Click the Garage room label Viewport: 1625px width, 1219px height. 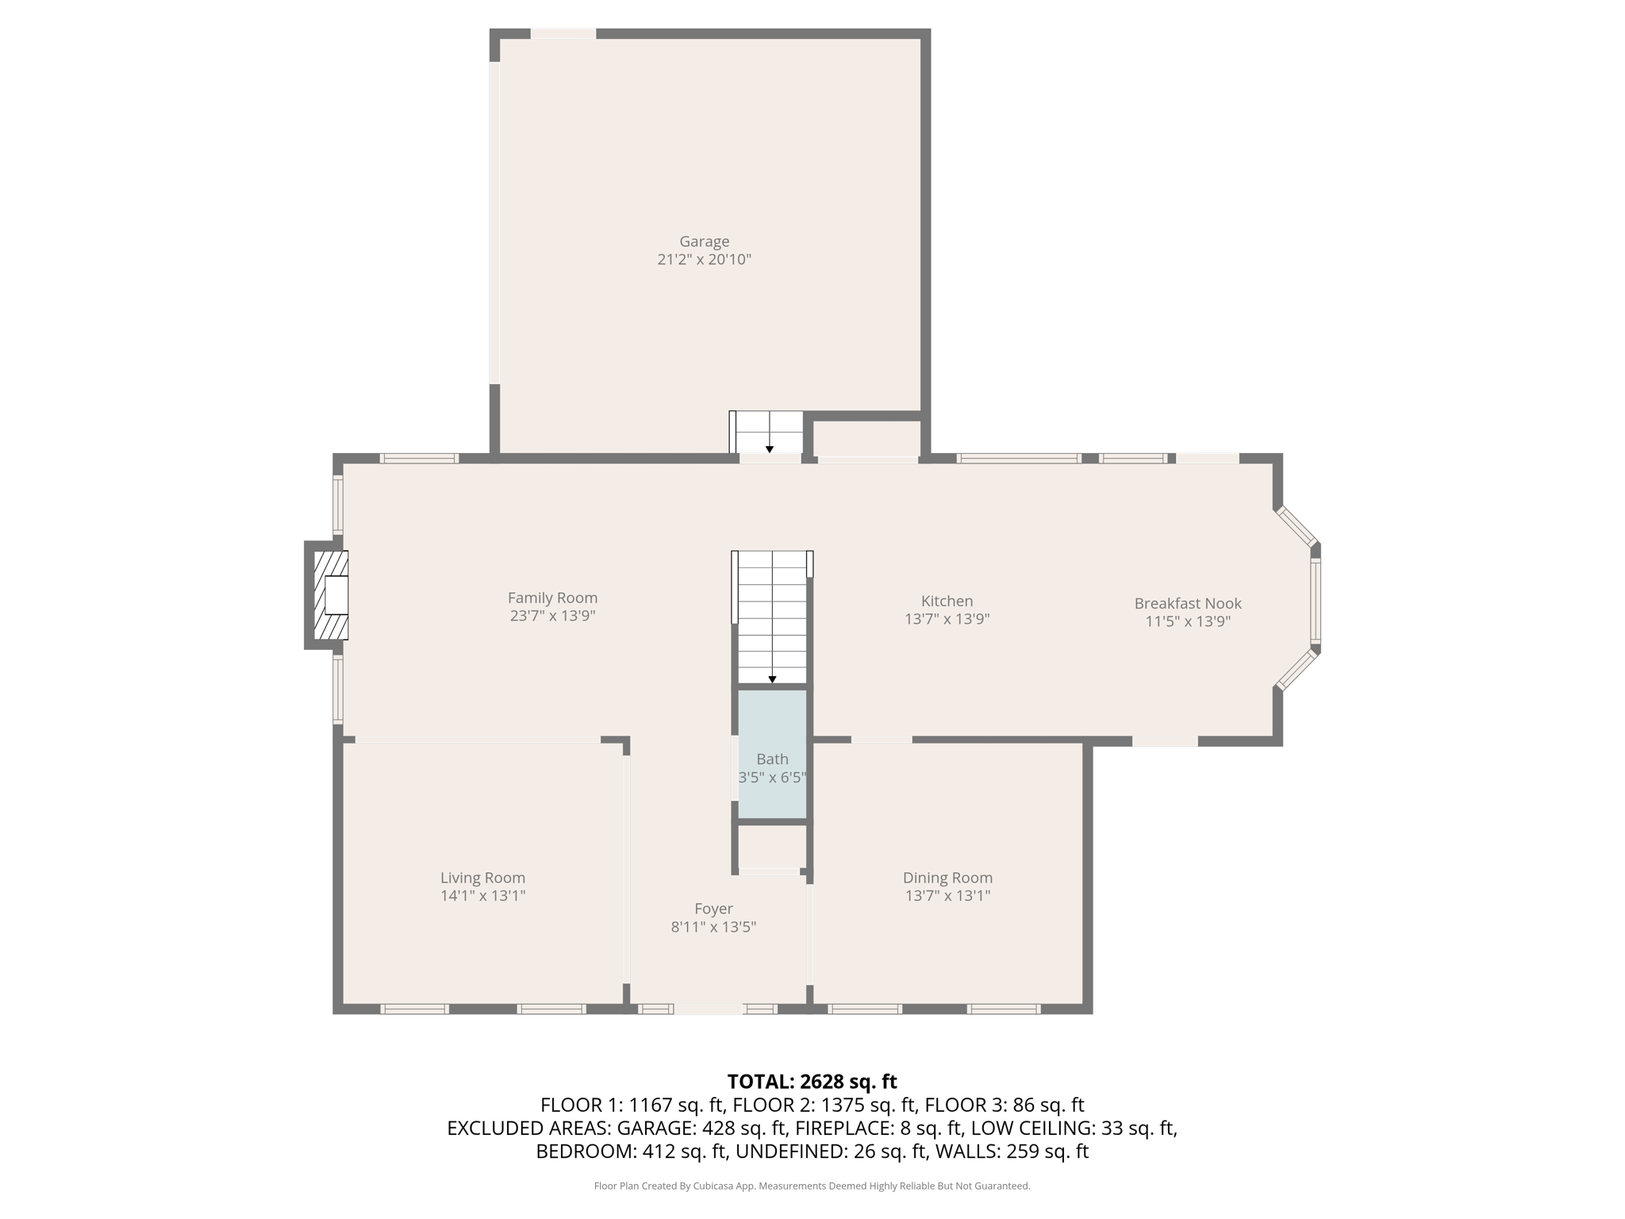pyautogui.click(x=704, y=241)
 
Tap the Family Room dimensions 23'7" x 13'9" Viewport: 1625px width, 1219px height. pyautogui.click(x=552, y=616)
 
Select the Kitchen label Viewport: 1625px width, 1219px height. pyautogui.click(x=947, y=602)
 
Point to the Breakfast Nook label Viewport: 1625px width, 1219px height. pyautogui.click(x=1187, y=604)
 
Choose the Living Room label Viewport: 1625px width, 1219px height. pyautogui.click(x=482, y=878)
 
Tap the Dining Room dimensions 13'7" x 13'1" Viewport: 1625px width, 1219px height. pyautogui.click(x=947, y=896)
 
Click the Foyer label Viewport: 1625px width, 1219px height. pyautogui.click(x=713, y=909)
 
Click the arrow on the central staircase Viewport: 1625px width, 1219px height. pyautogui.click(x=772, y=679)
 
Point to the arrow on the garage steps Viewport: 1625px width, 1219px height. pyautogui.click(x=769, y=449)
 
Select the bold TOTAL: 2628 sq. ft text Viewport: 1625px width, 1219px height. pyautogui.click(x=812, y=1082)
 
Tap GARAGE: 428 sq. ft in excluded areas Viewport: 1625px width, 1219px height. pyautogui.click(x=701, y=1128)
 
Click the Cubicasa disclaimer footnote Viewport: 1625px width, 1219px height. pyautogui.click(x=812, y=1186)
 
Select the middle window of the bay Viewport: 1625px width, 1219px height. pyautogui.click(x=1315, y=600)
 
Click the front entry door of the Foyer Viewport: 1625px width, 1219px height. pyautogui.click(x=709, y=1009)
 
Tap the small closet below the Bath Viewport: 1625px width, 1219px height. pyautogui.click(x=771, y=848)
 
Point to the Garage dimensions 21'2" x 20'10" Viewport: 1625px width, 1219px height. pyautogui.click(x=704, y=260)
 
